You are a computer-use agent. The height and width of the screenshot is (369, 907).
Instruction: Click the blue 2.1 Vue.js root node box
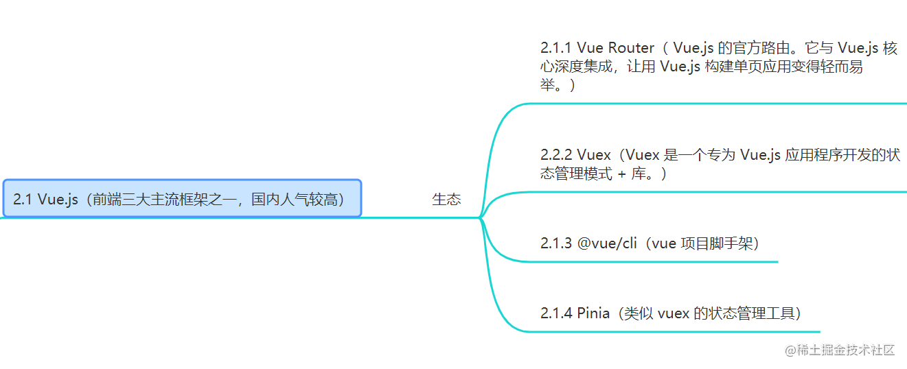point(182,199)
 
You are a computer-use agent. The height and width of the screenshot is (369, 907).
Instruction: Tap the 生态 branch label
point(446,200)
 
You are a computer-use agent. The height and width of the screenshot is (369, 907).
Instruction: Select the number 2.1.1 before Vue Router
point(556,48)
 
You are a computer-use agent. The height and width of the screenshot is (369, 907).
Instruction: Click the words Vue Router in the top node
point(615,48)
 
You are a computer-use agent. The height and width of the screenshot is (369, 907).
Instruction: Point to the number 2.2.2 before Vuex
point(557,155)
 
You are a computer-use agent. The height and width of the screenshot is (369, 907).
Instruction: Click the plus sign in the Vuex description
point(622,174)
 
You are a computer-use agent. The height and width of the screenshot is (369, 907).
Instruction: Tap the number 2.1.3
point(556,243)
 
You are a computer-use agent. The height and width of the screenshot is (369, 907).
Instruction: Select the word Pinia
point(593,313)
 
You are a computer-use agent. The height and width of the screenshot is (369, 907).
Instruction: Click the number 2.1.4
point(556,313)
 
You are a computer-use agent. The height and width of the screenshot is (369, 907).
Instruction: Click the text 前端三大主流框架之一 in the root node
point(164,200)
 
